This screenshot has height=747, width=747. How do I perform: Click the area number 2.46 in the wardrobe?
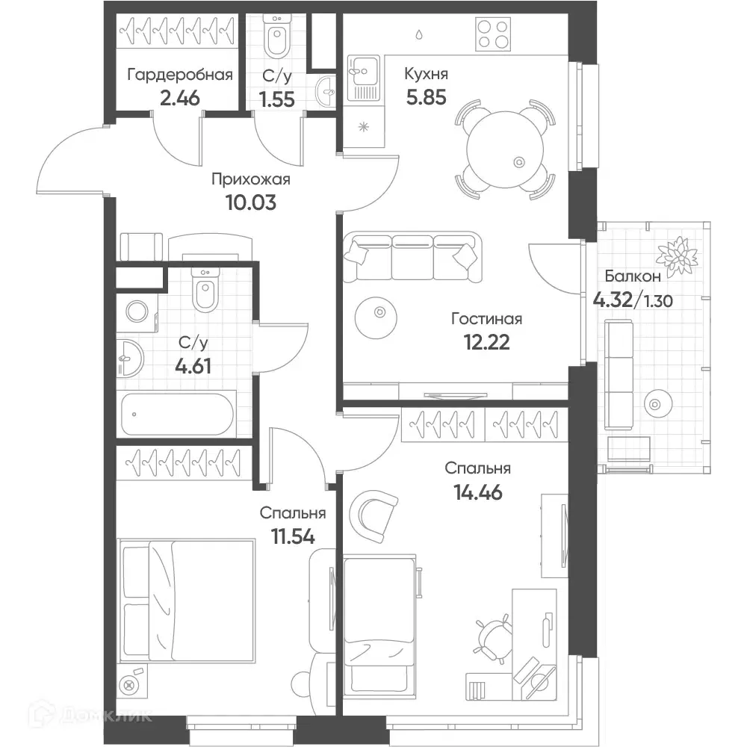click(179, 98)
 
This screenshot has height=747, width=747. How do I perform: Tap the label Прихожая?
click(250, 179)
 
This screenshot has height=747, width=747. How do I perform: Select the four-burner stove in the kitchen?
click(493, 34)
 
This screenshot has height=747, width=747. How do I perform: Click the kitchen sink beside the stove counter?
click(364, 78)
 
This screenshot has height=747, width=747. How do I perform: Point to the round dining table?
click(505, 149)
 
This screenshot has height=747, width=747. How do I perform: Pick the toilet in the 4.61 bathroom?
click(205, 290)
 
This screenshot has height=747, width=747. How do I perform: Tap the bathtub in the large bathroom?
click(177, 414)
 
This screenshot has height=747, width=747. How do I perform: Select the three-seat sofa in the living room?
click(412, 257)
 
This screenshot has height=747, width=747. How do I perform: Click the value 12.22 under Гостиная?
click(486, 342)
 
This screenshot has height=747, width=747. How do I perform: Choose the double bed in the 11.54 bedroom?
click(187, 601)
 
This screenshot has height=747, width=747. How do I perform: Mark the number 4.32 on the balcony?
click(613, 300)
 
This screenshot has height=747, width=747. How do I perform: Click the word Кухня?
click(426, 74)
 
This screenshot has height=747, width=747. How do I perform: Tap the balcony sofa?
click(619, 374)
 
